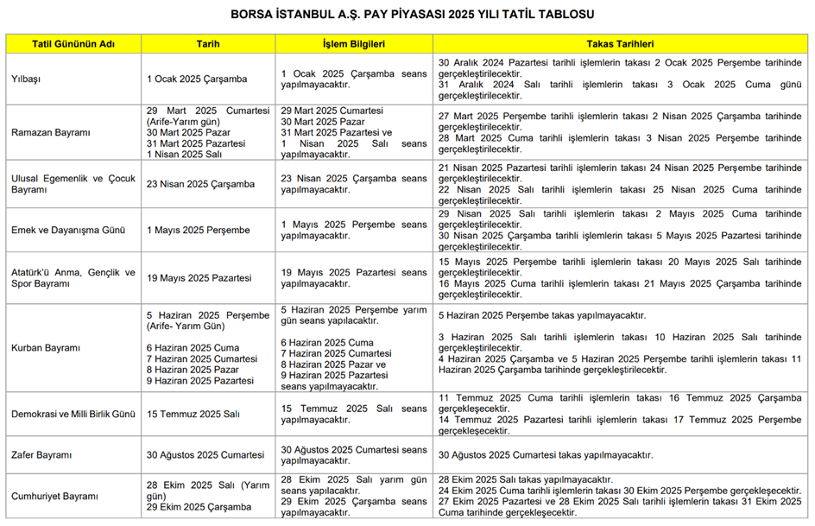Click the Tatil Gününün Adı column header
pyautogui.click(x=73, y=43)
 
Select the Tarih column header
pyautogui.click(x=208, y=43)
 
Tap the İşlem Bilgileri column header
pyautogui.click(x=353, y=43)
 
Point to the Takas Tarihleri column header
pyautogui.click(x=620, y=43)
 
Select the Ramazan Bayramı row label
pyautogui.click(x=50, y=132)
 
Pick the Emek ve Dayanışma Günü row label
pyautogui.click(x=68, y=230)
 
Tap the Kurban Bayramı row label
pyautogui.click(x=46, y=348)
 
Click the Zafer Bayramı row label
pyautogui.click(x=41, y=455)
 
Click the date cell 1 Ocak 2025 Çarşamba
pyautogui.click(x=197, y=79)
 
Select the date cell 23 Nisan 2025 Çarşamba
pyautogui.click(x=200, y=184)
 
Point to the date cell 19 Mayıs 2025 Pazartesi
pyautogui.click(x=199, y=278)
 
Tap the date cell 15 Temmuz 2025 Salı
pyautogui.click(x=193, y=415)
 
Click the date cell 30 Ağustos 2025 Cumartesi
pyautogui.click(x=205, y=455)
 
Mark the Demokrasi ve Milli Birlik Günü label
pyautogui.click(x=73, y=415)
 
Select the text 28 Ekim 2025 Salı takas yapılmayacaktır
pyautogui.click(x=525, y=479)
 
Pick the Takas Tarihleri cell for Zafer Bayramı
pyautogui.click(x=545, y=455)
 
